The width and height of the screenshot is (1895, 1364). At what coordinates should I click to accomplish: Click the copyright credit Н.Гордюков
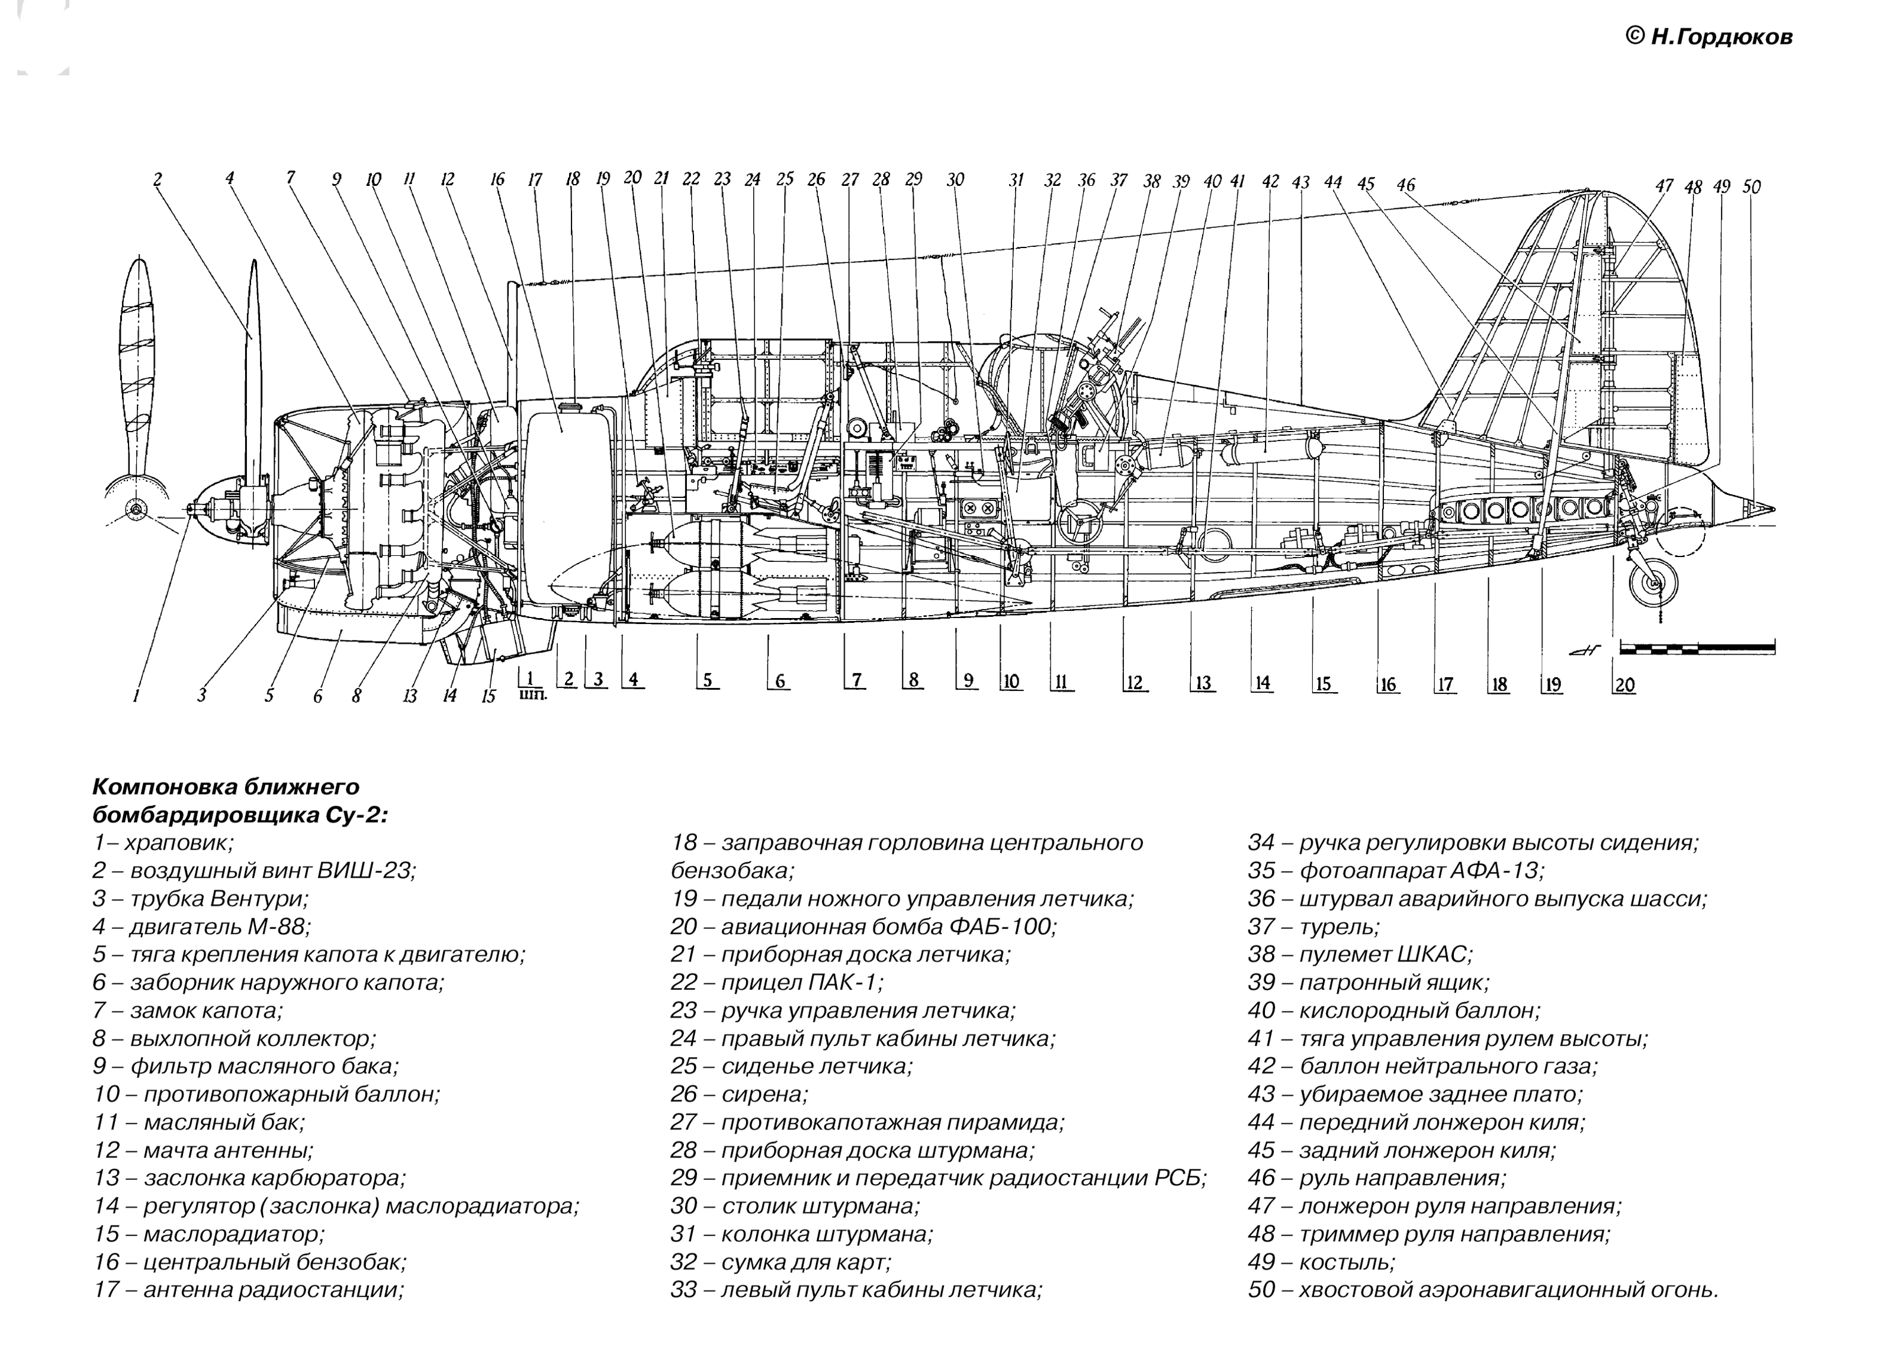[1708, 37]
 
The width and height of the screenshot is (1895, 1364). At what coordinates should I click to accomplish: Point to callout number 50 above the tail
[1751, 187]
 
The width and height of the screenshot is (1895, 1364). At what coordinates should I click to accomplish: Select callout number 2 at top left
[157, 179]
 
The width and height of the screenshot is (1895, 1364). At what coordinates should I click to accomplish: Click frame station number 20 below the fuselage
[1624, 685]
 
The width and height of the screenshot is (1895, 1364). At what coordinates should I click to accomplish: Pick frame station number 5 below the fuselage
[707, 681]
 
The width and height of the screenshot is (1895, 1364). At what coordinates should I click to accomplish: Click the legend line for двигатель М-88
[201, 927]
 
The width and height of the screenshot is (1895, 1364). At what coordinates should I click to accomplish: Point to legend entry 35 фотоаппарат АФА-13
[1395, 870]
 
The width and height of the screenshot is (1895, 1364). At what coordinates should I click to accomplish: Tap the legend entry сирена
[738, 1093]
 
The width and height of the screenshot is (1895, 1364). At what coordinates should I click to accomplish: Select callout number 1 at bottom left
[136, 696]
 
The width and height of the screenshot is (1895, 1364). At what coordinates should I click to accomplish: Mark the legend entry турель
[1313, 927]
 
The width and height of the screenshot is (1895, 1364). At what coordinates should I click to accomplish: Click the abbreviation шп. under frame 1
[533, 693]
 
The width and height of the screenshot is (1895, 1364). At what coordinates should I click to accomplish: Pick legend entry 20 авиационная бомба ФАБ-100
[863, 927]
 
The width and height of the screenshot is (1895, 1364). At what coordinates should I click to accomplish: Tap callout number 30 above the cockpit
[955, 179]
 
